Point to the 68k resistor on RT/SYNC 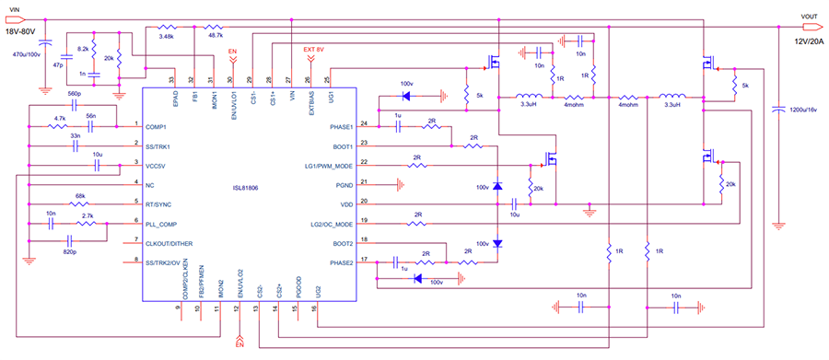(80, 195)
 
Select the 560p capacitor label (76, 94)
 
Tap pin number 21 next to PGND (364, 181)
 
